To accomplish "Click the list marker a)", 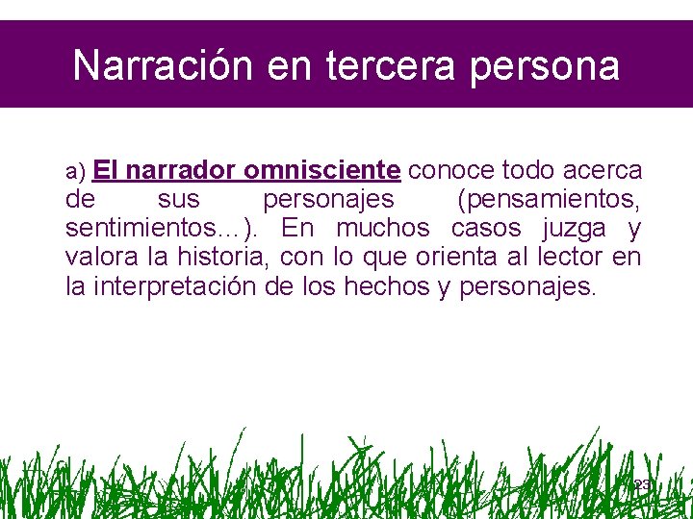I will (x=76, y=172).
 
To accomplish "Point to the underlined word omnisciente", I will (x=322, y=171).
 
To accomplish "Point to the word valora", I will (x=99, y=258).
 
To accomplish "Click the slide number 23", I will (x=642, y=485).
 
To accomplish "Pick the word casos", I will (x=486, y=229).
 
